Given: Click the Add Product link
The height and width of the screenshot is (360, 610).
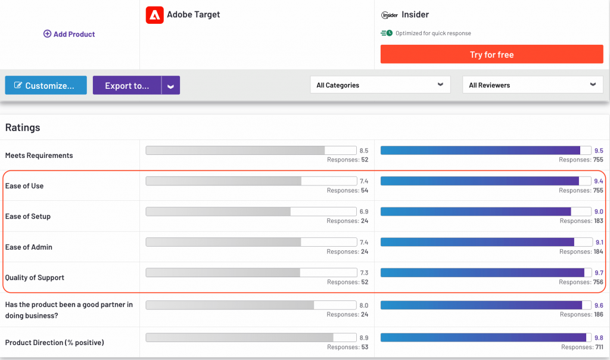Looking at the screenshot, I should tap(69, 34).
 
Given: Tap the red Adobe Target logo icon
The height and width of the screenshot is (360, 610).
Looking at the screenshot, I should tap(154, 15).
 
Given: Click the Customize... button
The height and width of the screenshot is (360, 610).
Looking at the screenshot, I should tap(46, 85).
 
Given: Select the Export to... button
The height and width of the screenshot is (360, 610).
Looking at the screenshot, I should tap(127, 85).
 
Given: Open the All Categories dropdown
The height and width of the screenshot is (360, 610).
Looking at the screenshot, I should tap(380, 85).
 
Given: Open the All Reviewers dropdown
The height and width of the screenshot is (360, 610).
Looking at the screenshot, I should tap(533, 85).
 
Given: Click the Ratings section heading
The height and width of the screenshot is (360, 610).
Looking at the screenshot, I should tap(23, 127).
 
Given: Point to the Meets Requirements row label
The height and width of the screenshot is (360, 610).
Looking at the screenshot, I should tap(39, 156).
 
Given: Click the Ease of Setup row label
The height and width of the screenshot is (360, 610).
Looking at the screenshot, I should tap(27, 216).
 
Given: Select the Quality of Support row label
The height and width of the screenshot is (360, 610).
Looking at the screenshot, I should tap(35, 278).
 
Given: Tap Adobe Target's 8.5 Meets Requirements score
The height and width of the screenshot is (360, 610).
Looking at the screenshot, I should tap(364, 151).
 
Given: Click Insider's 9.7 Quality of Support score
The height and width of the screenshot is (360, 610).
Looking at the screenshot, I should tap(599, 272).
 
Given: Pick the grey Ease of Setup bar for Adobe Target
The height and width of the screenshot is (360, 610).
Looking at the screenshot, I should tap(218, 212).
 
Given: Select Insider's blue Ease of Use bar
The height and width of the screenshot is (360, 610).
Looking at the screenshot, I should tap(480, 181).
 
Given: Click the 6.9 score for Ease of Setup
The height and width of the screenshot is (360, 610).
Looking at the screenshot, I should tap(364, 212).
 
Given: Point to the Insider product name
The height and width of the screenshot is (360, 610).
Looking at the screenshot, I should tap(415, 14).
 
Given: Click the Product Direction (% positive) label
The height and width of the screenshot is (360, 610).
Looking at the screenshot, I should tap(54, 343).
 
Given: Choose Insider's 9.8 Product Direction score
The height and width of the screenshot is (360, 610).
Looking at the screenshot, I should tap(599, 338).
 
